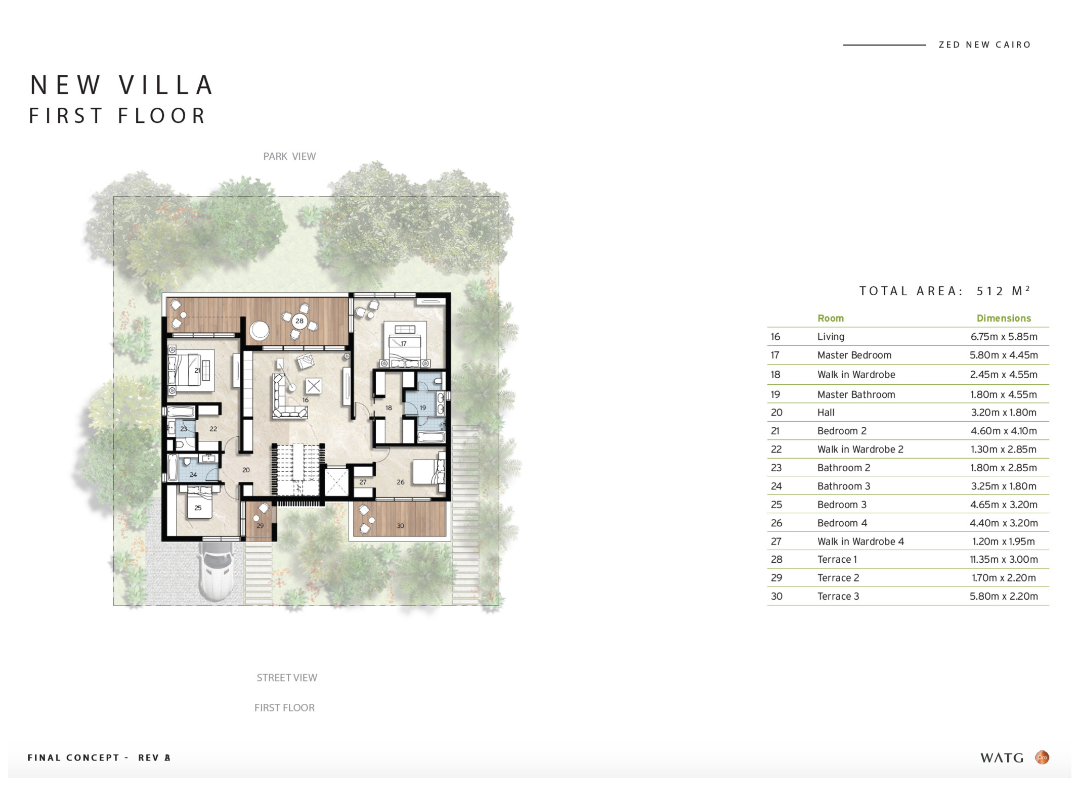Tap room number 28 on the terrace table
click(299, 321)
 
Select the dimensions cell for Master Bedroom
click(1004, 355)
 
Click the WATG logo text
click(1002, 757)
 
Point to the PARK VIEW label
click(289, 156)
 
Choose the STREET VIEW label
click(287, 678)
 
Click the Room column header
click(831, 318)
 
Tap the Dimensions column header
click(1004, 318)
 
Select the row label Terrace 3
click(838, 596)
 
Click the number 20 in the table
click(776, 413)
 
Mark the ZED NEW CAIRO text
click(985, 44)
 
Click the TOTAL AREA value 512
click(990, 291)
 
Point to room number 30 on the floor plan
click(400, 526)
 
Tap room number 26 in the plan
click(401, 482)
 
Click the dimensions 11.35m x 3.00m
click(1004, 559)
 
